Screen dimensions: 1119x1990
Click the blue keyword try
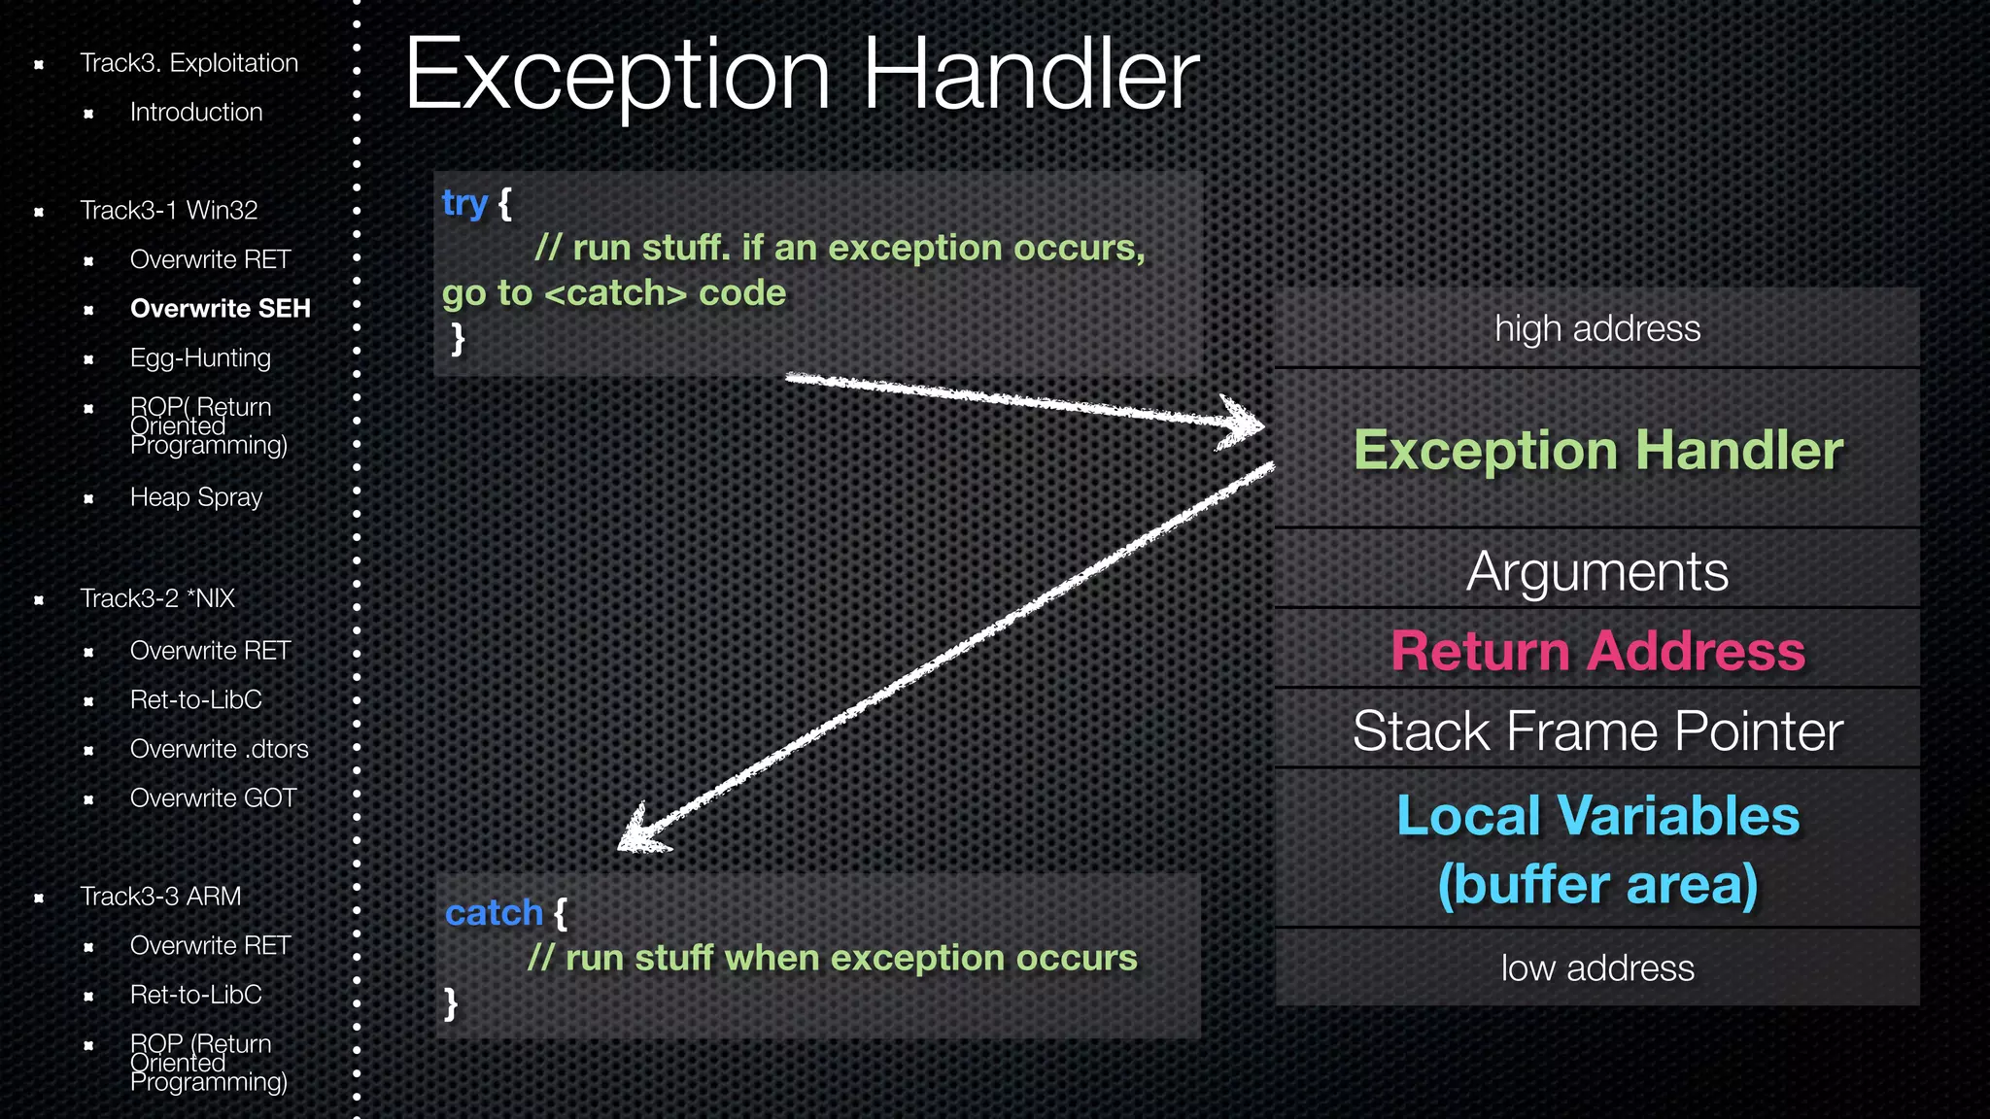tap(463, 204)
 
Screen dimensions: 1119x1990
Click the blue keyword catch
tap(494, 913)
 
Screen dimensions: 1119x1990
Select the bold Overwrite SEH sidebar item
tap(220, 309)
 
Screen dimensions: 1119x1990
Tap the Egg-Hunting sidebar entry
tap(200, 358)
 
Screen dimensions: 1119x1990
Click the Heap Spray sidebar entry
tap(196, 497)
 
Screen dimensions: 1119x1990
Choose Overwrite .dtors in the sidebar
tap(219, 749)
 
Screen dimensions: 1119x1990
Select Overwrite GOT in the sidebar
tap(213, 798)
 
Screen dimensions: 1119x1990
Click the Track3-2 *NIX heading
tap(157, 598)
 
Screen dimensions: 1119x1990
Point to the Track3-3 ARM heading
tap(160, 897)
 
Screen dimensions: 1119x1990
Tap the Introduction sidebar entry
tap(196, 113)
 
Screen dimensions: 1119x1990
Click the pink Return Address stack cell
tap(1597, 651)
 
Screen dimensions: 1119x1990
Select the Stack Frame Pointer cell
tap(1597, 731)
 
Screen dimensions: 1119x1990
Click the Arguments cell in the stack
tap(1597, 571)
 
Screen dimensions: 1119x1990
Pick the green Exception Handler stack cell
tap(1597, 451)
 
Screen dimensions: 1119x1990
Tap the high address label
tap(1597, 329)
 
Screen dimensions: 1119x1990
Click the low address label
tap(1597, 968)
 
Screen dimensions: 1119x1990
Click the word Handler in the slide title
tap(1031, 76)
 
